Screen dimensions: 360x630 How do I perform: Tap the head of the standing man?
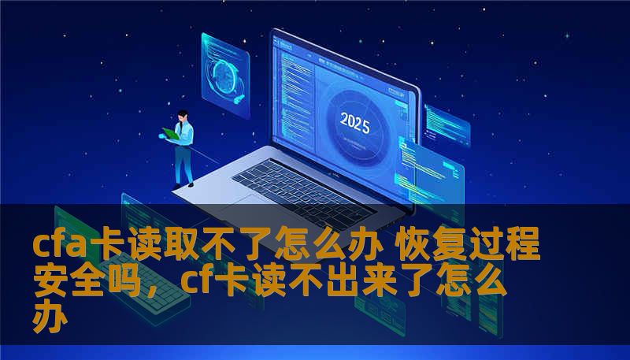coord(182,116)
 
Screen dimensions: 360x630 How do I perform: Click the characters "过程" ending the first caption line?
coord(516,247)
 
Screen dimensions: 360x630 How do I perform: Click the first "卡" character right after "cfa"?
coord(110,247)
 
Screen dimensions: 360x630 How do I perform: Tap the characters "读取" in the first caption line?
coord(171,247)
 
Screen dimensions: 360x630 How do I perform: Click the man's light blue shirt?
coord(184,134)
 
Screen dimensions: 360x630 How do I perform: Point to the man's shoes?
coord(183,184)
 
